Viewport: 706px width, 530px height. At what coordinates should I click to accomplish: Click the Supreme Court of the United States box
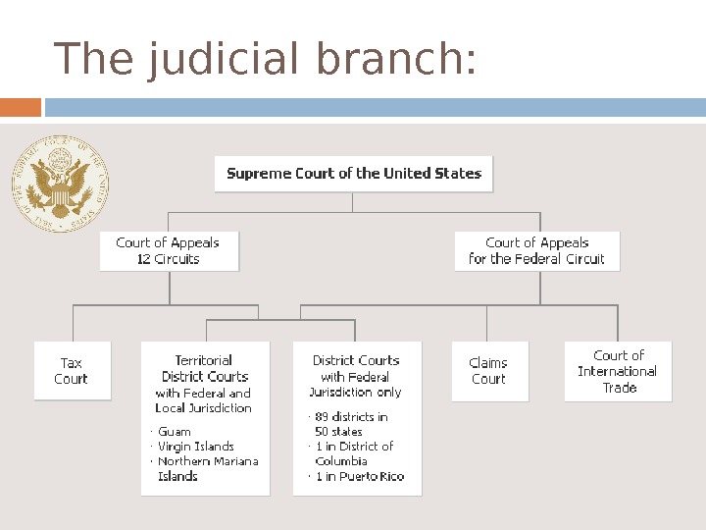(354, 174)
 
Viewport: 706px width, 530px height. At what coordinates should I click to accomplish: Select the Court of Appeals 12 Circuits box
(169, 251)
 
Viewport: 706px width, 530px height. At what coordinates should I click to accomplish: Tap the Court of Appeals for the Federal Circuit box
(537, 251)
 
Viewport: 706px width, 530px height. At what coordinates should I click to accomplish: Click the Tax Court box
(72, 371)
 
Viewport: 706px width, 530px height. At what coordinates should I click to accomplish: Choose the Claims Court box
(489, 371)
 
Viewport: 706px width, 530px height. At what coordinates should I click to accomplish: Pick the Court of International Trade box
(618, 371)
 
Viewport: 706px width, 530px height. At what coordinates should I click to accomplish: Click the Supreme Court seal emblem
(60, 184)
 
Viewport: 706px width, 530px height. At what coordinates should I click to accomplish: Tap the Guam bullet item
(175, 432)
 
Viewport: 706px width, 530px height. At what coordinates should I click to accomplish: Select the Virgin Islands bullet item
(196, 447)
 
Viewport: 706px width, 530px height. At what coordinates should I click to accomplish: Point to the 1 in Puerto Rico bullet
(359, 477)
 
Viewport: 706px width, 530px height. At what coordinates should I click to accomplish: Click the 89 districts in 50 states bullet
(351, 424)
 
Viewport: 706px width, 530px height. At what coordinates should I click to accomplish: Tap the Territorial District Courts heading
(204, 368)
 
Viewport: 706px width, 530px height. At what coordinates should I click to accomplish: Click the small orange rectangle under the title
(21, 107)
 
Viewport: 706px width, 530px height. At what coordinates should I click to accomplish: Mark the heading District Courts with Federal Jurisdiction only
(356, 376)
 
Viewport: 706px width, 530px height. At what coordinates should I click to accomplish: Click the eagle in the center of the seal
(60, 185)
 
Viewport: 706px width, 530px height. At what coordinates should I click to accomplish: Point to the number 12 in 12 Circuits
(144, 260)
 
